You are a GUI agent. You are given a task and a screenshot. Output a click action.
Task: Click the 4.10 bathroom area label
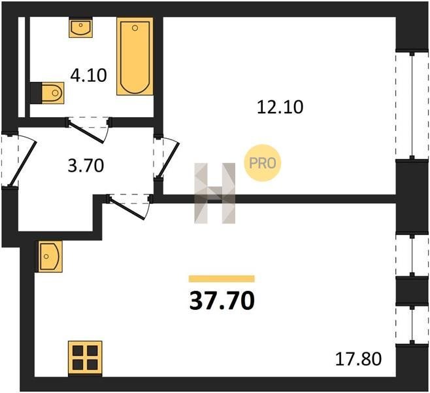click(x=88, y=75)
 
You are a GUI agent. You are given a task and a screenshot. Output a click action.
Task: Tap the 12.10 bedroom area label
click(x=280, y=107)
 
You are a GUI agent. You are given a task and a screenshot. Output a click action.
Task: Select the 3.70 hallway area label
click(x=86, y=166)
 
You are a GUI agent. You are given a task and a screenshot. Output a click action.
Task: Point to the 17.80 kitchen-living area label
click(x=358, y=359)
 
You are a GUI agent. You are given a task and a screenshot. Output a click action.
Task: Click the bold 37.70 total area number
click(x=222, y=300)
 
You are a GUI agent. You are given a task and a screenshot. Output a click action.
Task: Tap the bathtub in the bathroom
click(x=135, y=56)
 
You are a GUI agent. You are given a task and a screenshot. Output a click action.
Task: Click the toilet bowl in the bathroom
click(x=53, y=93)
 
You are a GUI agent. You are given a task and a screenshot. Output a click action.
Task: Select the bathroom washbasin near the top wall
click(x=80, y=28)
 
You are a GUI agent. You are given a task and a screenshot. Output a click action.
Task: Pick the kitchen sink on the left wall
click(x=50, y=256)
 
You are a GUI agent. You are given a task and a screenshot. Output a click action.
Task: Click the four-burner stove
click(x=85, y=358)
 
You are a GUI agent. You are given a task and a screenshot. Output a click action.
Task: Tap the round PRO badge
click(x=263, y=163)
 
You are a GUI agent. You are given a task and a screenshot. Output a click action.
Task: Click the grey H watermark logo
click(x=215, y=193)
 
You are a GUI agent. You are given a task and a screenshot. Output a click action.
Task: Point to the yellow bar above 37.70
click(x=222, y=278)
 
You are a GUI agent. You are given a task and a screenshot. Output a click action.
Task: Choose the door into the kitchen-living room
click(x=127, y=208)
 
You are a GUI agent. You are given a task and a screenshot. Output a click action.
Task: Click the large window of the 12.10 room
click(x=412, y=105)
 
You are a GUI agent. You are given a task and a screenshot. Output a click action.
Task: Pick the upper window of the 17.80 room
click(x=412, y=255)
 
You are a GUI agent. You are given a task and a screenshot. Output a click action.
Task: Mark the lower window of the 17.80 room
click(x=412, y=325)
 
